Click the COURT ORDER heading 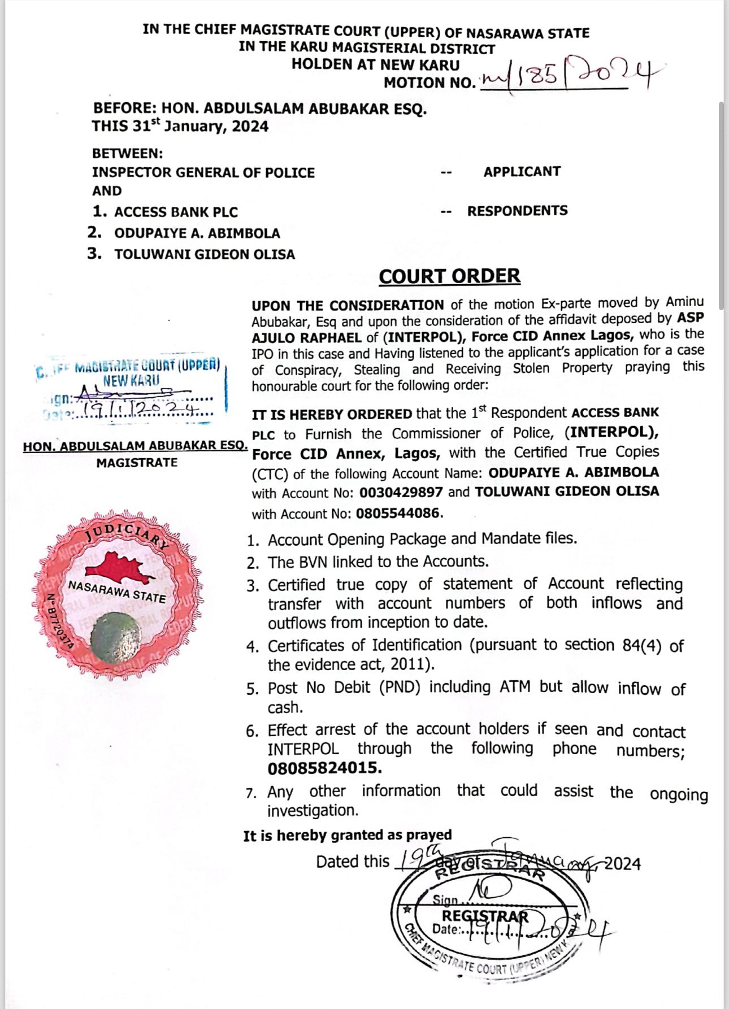tap(449, 276)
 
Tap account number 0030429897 tap(401, 493)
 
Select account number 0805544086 tap(397, 514)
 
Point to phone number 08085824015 tap(324, 768)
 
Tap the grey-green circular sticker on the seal tap(115, 637)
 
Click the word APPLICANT tap(522, 172)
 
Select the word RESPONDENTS tap(517, 211)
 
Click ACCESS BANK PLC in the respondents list tap(176, 212)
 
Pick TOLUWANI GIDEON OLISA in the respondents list tap(205, 254)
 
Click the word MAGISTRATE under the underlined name tap(137, 463)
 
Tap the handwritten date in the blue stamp tap(140, 411)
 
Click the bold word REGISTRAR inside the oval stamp tap(485, 916)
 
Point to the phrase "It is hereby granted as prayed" tap(348, 836)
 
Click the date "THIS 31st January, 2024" tap(180, 126)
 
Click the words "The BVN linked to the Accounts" tap(378, 562)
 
